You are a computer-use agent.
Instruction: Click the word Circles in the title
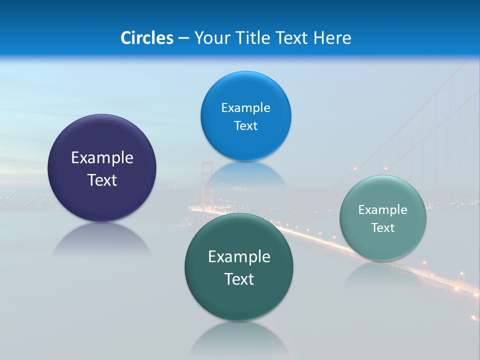(x=146, y=38)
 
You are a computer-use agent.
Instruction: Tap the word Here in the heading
(x=332, y=38)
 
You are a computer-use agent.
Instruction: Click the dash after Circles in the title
(x=183, y=38)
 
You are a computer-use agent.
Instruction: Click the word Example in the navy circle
(x=102, y=157)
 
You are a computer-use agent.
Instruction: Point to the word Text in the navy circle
(x=102, y=180)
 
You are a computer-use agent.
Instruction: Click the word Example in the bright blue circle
(x=245, y=107)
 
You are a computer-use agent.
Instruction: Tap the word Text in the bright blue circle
(x=245, y=125)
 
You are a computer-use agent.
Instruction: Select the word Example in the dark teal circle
(x=239, y=256)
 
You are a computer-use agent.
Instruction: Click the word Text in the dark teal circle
(x=239, y=279)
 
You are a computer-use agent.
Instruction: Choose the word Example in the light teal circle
(x=383, y=209)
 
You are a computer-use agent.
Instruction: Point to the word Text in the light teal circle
(x=383, y=227)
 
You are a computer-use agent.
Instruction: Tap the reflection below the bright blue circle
(x=245, y=172)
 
